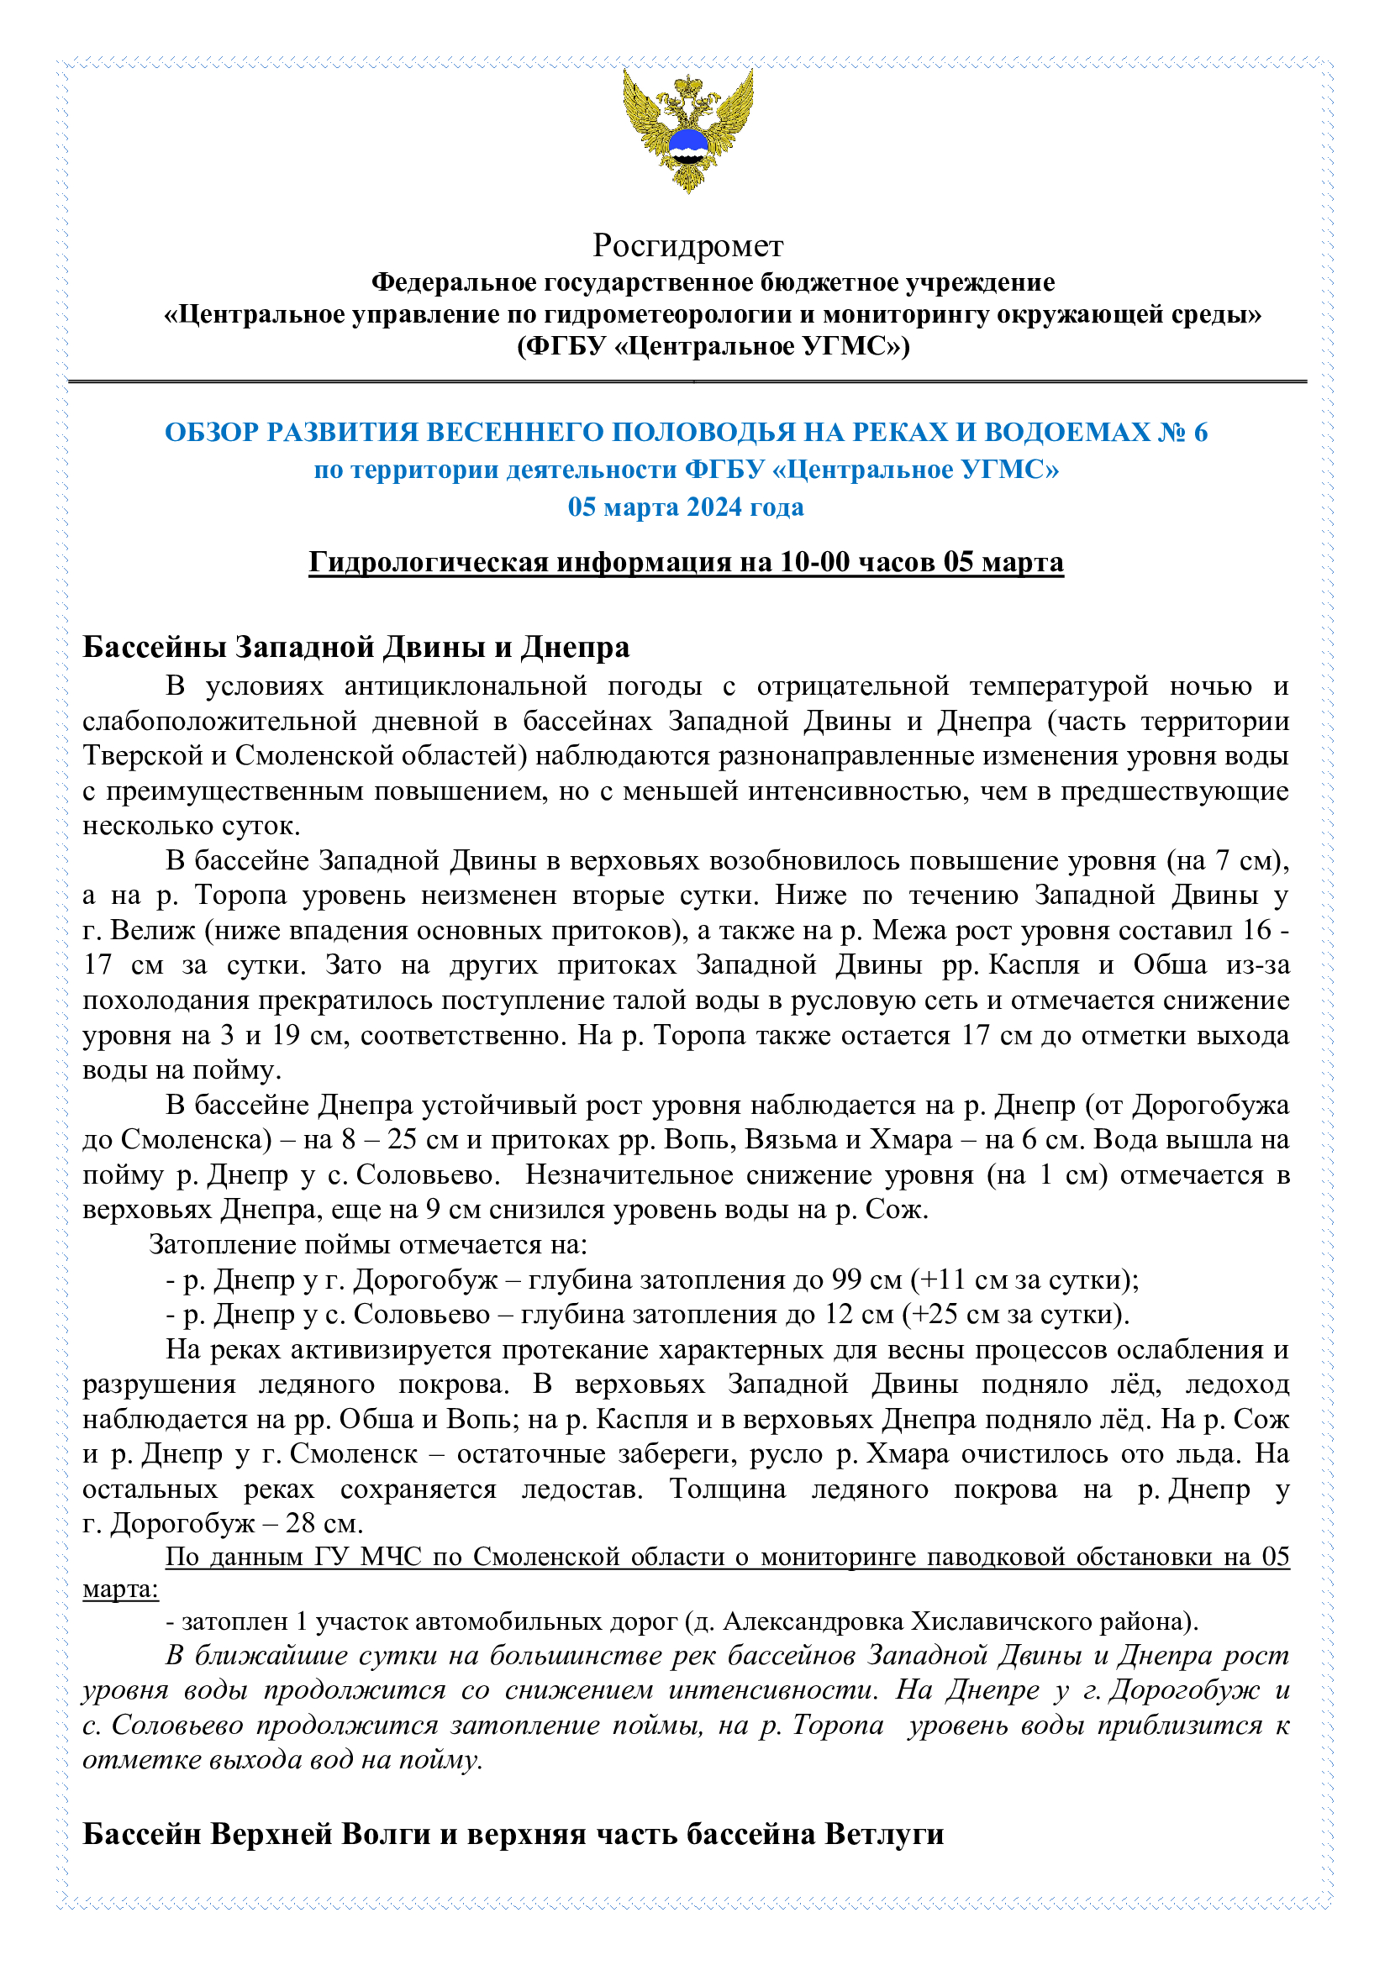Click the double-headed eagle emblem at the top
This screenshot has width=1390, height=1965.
pyautogui.click(x=687, y=130)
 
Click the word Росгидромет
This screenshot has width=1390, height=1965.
pyautogui.click(x=687, y=246)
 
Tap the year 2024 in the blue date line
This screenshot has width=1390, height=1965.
pyautogui.click(x=713, y=507)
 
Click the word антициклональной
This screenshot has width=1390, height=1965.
pyautogui.click(x=466, y=686)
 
